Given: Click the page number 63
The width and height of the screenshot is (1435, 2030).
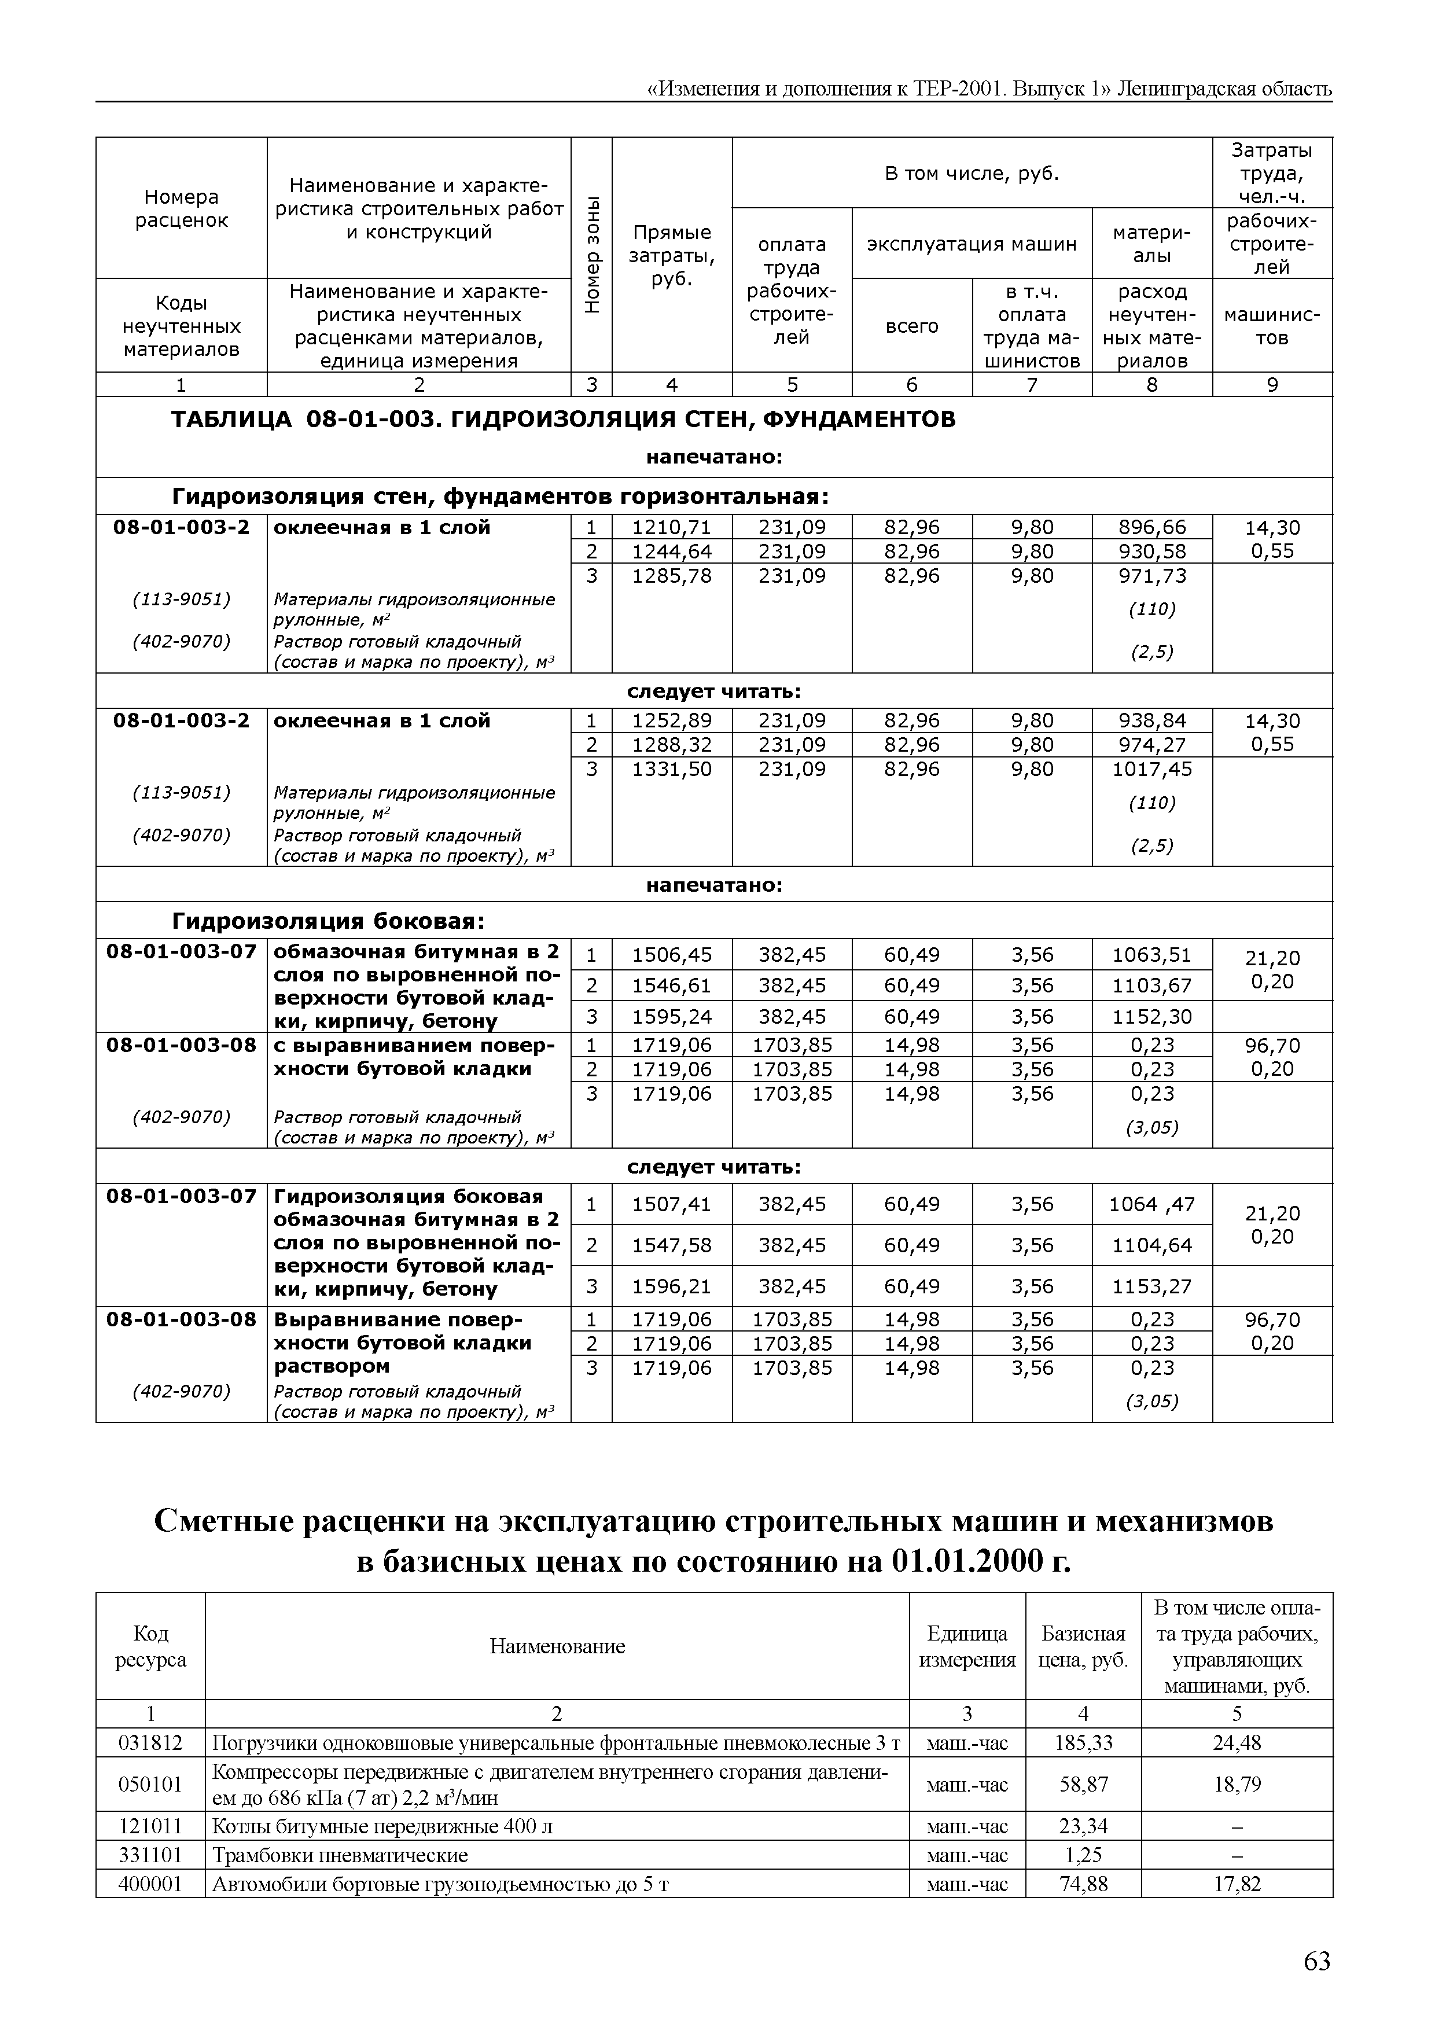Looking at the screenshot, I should (1316, 1962).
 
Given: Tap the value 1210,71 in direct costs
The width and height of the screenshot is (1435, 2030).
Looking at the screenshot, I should (671, 528).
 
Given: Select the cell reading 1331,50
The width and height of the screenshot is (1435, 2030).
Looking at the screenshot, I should (671, 769).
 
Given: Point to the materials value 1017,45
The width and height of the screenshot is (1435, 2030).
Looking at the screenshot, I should (1151, 769).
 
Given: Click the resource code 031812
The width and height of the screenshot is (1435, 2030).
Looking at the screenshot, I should (150, 1742).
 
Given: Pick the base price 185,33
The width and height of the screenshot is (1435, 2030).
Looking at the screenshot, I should (1083, 1742).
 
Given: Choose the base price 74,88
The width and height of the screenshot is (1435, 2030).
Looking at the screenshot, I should (1083, 1884).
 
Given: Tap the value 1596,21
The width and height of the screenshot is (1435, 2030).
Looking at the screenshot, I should (671, 1286).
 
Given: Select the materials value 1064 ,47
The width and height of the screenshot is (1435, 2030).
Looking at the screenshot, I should (1151, 1204).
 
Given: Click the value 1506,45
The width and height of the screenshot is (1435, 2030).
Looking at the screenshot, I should (671, 955).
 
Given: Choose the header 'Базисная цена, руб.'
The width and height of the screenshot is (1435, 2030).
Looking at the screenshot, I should (1083, 1646).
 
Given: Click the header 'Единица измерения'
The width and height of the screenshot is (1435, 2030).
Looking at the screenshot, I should (967, 1646).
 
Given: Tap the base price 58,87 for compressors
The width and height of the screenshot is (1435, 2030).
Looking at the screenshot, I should (1083, 1784).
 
